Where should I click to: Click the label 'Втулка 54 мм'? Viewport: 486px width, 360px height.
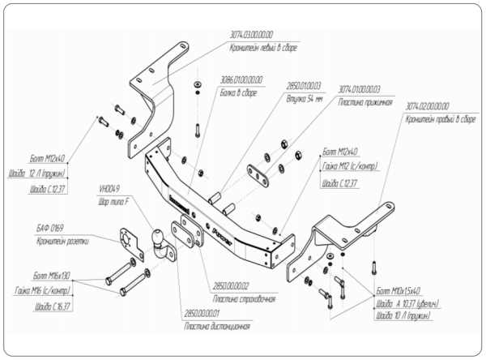pos(304,97)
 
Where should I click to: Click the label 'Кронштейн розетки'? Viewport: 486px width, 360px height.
pos(58,242)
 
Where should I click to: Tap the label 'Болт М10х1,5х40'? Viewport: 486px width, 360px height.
pos(399,289)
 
